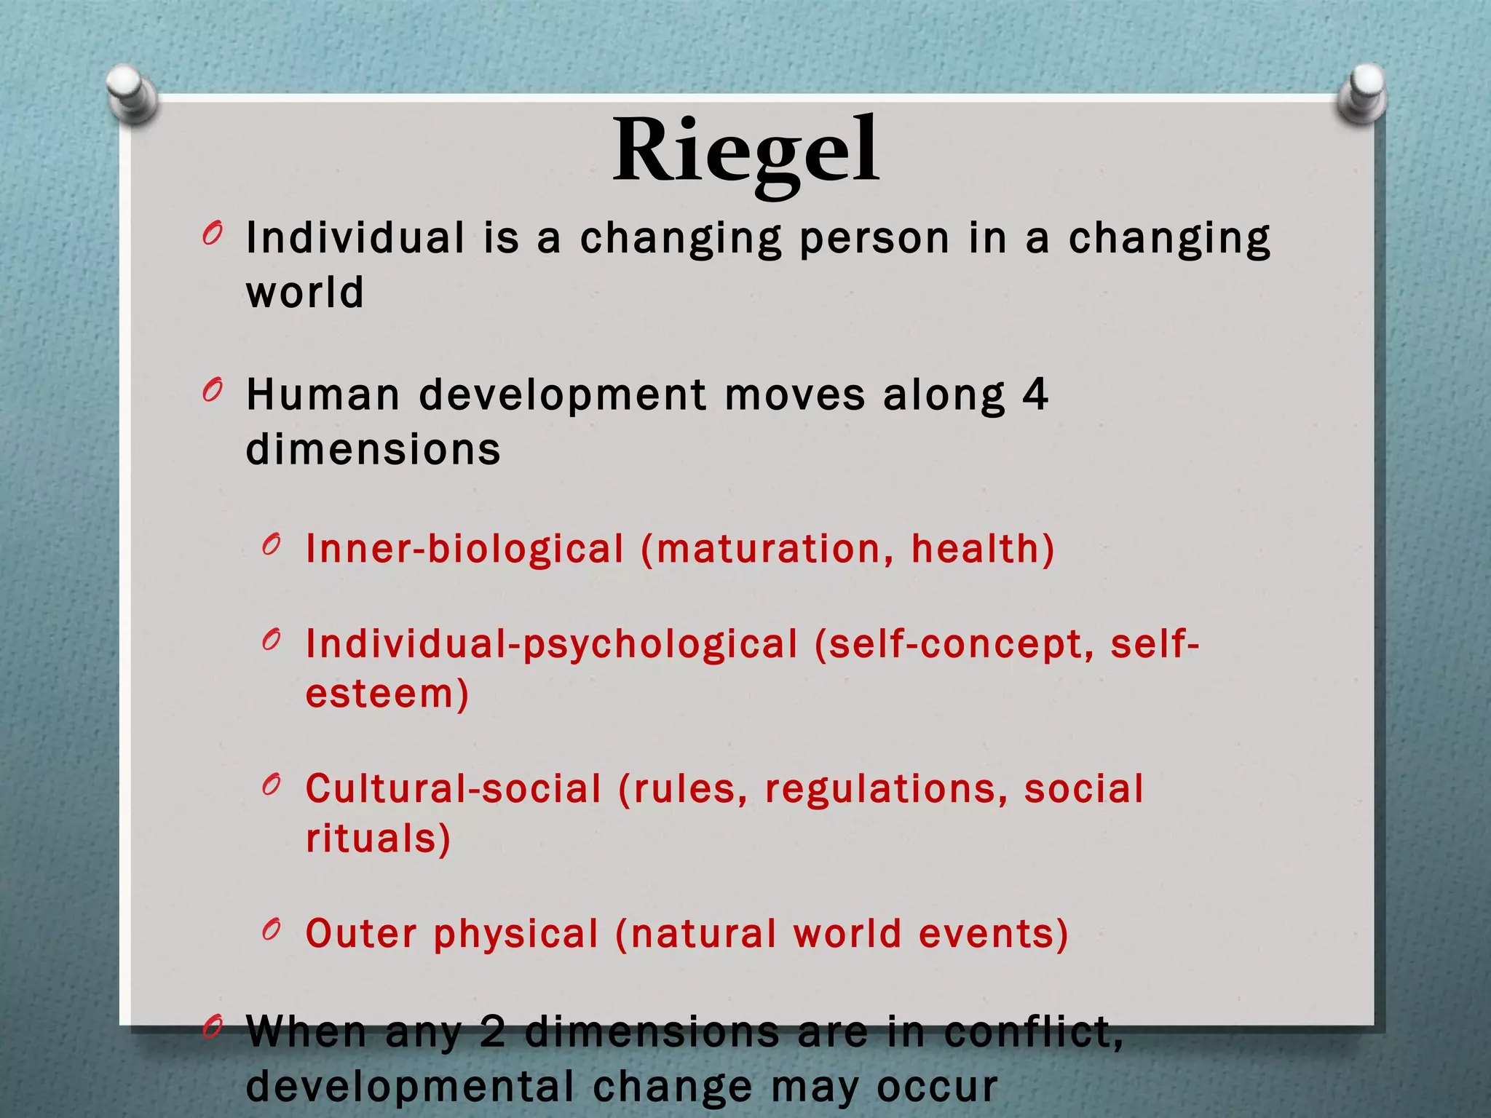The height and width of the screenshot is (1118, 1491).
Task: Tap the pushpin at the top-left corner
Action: click(x=132, y=93)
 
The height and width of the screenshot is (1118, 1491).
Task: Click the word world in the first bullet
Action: click(x=305, y=293)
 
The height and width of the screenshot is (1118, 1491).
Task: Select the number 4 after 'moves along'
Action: click(x=1035, y=395)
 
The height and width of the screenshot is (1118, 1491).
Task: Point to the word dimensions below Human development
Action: click(x=373, y=449)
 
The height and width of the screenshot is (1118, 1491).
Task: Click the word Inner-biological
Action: click(x=464, y=549)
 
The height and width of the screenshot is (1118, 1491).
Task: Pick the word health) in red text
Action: click(x=982, y=549)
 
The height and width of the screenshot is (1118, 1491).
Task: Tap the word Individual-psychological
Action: click(x=551, y=644)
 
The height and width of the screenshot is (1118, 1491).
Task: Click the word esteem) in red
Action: click(x=387, y=693)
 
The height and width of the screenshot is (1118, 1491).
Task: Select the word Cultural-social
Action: click(x=453, y=789)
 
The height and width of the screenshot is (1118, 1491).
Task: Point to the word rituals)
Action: click(x=378, y=838)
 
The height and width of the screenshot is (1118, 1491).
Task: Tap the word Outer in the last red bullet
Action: click(x=361, y=934)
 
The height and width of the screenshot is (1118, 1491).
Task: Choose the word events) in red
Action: click(x=993, y=934)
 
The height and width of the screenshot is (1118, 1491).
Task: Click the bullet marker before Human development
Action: click(x=213, y=392)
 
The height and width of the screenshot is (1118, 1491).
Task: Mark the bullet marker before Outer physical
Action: click(x=272, y=929)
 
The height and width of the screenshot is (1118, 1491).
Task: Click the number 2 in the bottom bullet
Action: click(x=493, y=1032)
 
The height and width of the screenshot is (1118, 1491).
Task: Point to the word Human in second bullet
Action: click(x=323, y=395)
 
